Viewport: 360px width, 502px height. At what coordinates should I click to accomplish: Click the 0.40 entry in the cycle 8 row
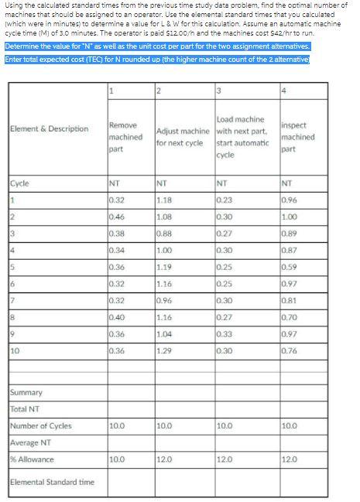click(117, 318)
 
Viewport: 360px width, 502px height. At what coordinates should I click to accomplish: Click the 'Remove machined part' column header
click(124, 131)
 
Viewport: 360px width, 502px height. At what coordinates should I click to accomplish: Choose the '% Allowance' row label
click(33, 459)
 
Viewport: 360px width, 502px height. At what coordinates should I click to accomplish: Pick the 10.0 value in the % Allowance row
click(118, 459)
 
